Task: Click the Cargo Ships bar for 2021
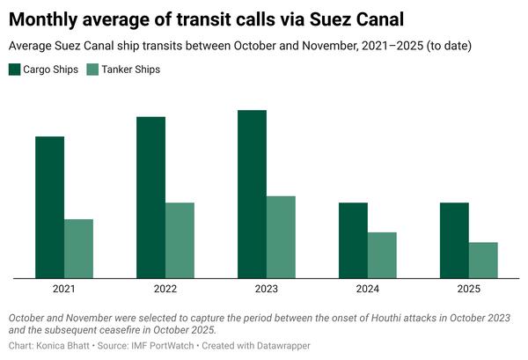(49, 208)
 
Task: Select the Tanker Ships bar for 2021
(78, 249)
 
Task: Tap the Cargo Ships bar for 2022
(150, 198)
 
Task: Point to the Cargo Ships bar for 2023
(252, 195)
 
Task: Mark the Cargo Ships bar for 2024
(353, 241)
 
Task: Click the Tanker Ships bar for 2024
(382, 255)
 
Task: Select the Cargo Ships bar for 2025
(454, 241)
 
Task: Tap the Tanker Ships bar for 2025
(483, 261)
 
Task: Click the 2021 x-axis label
(64, 289)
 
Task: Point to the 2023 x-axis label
(267, 289)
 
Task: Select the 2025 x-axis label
(469, 289)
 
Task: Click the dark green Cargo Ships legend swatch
(15, 69)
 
